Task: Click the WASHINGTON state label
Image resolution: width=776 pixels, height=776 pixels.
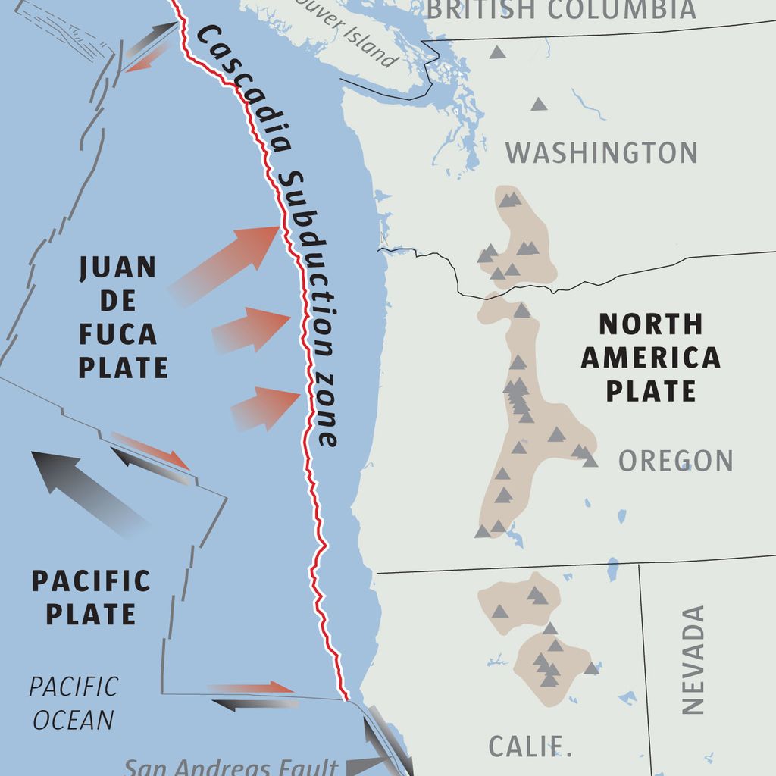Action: [x=601, y=152]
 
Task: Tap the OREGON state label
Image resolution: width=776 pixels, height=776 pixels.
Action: [x=675, y=461]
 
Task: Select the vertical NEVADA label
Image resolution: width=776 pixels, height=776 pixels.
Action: [x=693, y=659]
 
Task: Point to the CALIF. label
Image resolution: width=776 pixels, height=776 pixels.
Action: [x=530, y=746]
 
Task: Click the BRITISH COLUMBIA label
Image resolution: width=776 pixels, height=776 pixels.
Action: [x=561, y=10]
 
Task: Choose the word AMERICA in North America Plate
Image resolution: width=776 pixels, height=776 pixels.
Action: [x=650, y=358]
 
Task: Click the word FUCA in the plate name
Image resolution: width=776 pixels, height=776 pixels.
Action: [x=118, y=334]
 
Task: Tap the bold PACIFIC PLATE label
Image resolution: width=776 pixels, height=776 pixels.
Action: [x=91, y=597]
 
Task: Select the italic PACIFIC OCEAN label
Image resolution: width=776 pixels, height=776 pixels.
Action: [x=73, y=702]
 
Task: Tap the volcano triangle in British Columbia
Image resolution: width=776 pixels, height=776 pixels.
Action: [x=497, y=52]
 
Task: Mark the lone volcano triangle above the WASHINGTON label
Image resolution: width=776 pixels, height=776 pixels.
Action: [x=539, y=105]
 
